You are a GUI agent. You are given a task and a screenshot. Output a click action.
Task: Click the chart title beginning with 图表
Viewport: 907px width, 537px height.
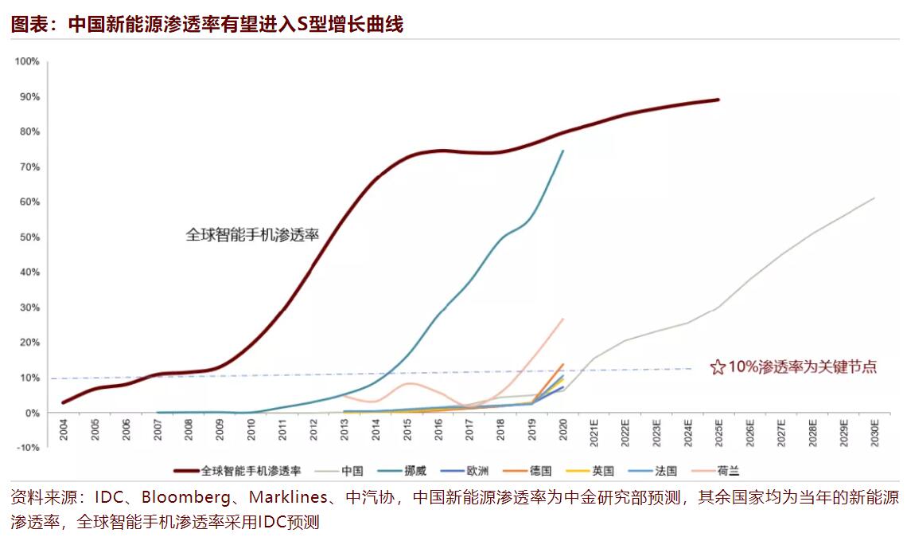click(207, 24)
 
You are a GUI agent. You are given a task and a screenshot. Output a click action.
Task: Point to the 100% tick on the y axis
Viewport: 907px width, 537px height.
click(28, 61)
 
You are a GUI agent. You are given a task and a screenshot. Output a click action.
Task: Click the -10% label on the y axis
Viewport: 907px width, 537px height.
click(29, 448)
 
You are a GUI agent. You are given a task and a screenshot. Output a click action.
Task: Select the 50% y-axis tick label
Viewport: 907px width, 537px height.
click(29, 237)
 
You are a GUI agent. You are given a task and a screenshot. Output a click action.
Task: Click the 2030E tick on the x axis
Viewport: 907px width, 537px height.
click(874, 433)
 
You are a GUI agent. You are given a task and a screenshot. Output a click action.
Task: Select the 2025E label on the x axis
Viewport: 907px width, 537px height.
click(718, 433)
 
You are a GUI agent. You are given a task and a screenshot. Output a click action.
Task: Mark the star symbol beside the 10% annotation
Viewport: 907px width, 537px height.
click(717, 367)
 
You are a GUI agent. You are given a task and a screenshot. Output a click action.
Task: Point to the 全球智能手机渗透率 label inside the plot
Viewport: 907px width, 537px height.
click(252, 235)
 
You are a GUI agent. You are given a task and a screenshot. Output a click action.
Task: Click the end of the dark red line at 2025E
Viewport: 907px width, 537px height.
click(718, 100)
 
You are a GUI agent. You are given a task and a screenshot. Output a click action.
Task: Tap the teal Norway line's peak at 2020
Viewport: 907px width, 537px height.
click(563, 151)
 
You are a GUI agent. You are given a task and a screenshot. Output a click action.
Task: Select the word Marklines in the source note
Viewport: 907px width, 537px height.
click(289, 499)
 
